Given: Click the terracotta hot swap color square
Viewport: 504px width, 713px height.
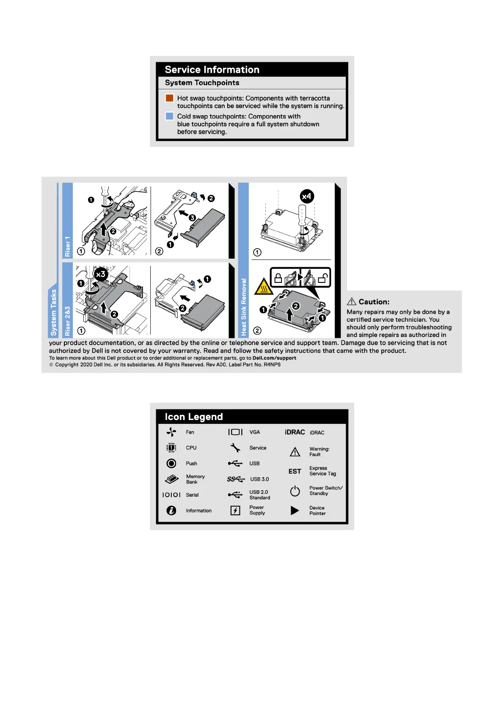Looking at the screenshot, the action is [x=169, y=98].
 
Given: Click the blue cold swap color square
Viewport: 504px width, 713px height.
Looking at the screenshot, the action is [x=169, y=116].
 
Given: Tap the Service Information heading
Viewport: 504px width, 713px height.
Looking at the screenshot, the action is [x=212, y=70].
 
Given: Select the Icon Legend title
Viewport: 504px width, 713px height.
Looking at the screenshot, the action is [x=194, y=417].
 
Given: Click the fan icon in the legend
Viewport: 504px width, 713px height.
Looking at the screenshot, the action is [x=171, y=432].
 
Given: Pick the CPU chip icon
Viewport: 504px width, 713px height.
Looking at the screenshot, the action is [x=171, y=448].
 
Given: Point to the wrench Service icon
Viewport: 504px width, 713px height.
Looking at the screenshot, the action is [x=235, y=448].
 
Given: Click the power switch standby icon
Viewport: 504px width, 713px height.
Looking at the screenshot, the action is [x=295, y=491].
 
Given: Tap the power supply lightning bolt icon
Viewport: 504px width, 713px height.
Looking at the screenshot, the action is [x=235, y=510].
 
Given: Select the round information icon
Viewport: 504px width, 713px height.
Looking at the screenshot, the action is [x=171, y=511].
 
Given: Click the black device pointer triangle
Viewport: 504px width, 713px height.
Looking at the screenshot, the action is [x=295, y=511].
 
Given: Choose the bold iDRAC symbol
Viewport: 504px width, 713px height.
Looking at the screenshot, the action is [x=295, y=432].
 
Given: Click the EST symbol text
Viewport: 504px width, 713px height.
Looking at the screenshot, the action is [x=295, y=471].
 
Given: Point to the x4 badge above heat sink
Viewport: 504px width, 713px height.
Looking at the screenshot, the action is [x=307, y=196].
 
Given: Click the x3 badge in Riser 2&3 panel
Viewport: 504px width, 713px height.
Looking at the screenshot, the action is [x=101, y=274].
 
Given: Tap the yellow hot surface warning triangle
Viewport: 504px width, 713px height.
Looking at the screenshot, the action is [x=263, y=287].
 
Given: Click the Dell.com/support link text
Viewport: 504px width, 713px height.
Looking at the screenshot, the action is [x=274, y=358].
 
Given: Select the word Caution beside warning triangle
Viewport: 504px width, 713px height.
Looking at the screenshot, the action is [x=374, y=302].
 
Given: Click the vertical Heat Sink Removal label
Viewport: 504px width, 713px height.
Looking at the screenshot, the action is [x=243, y=307].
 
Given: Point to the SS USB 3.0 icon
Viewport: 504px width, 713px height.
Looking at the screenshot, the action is [x=236, y=479].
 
